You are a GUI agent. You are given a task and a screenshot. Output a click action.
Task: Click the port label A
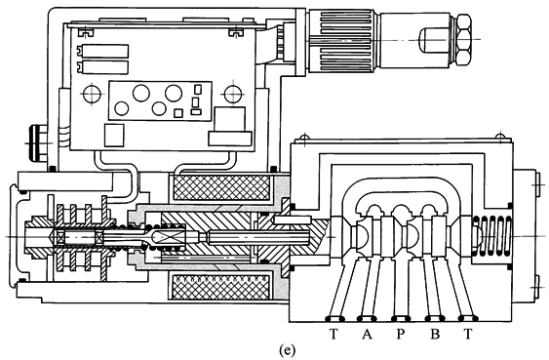click(x=367, y=334)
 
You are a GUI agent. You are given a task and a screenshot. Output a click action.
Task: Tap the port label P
click(x=400, y=334)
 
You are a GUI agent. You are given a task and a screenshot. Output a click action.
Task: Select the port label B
click(x=435, y=334)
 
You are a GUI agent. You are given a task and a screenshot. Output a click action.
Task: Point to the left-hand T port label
click(x=333, y=334)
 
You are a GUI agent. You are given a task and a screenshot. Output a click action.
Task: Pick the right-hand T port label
click(x=468, y=334)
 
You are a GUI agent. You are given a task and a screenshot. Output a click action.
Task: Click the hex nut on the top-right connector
click(x=463, y=39)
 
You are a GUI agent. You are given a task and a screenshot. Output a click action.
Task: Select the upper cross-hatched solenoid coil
click(x=220, y=187)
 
